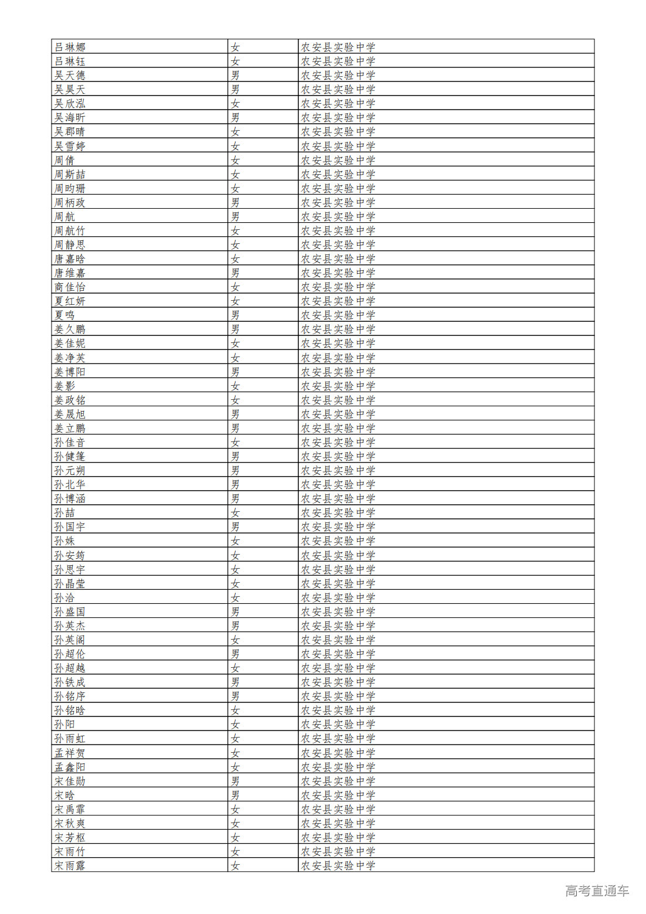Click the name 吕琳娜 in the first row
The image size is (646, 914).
[x=70, y=47]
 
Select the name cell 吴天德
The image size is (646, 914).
[x=70, y=75]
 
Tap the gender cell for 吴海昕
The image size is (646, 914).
[x=235, y=118]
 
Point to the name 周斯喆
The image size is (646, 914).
[x=70, y=174]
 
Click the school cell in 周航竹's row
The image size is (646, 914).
[x=338, y=231]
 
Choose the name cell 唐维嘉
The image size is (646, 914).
[x=70, y=273]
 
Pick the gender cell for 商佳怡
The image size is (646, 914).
[x=235, y=287]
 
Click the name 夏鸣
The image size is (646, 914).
[x=64, y=315]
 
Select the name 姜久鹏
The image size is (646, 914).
[x=70, y=329]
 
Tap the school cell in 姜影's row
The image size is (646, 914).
[x=338, y=386]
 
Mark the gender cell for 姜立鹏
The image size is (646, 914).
[x=235, y=429]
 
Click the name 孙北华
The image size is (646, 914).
[x=70, y=485]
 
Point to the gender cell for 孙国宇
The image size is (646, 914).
[x=235, y=527]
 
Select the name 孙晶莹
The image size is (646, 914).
[x=70, y=583]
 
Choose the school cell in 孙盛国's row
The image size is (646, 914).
[x=338, y=611]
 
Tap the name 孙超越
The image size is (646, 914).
[x=70, y=668]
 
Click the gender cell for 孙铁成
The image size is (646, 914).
[x=235, y=682]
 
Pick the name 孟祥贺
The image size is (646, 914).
[x=70, y=753]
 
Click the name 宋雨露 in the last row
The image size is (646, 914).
[x=70, y=865]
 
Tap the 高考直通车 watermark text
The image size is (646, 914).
[x=597, y=891]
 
